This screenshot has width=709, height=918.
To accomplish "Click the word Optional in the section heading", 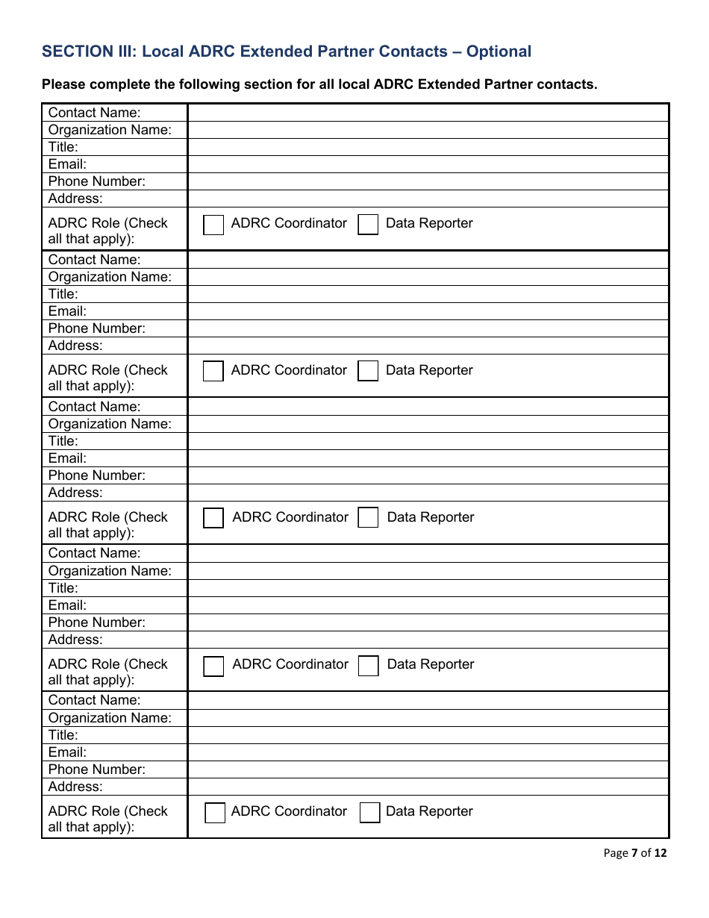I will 499,51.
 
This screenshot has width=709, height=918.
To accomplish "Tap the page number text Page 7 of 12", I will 635,853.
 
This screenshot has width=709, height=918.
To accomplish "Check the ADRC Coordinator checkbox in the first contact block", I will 213,225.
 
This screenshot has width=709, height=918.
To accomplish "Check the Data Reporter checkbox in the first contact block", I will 368,225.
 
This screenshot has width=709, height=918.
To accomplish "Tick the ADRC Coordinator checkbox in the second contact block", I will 213,371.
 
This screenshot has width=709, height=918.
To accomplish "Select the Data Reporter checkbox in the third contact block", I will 368,518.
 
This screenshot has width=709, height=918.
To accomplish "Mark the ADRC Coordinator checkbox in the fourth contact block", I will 213,666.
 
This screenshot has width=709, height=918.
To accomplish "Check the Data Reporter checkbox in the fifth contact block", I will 369,813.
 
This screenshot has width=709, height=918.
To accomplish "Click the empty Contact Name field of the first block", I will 428,113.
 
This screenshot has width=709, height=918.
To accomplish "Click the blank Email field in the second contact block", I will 428,311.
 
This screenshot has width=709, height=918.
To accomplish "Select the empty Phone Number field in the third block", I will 428,475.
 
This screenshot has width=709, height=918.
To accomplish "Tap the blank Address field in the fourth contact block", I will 428,640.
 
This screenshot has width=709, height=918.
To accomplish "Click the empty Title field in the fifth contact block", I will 428,735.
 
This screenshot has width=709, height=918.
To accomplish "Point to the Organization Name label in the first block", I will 110,130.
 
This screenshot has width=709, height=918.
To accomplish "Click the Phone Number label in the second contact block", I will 97,328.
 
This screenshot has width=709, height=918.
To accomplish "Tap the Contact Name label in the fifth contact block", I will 94,700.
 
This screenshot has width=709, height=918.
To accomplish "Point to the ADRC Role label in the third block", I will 107,525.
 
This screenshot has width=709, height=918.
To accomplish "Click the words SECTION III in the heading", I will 87,51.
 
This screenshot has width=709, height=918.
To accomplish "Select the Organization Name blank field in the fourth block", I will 428,571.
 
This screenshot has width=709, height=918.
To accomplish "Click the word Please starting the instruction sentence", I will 65,84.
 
